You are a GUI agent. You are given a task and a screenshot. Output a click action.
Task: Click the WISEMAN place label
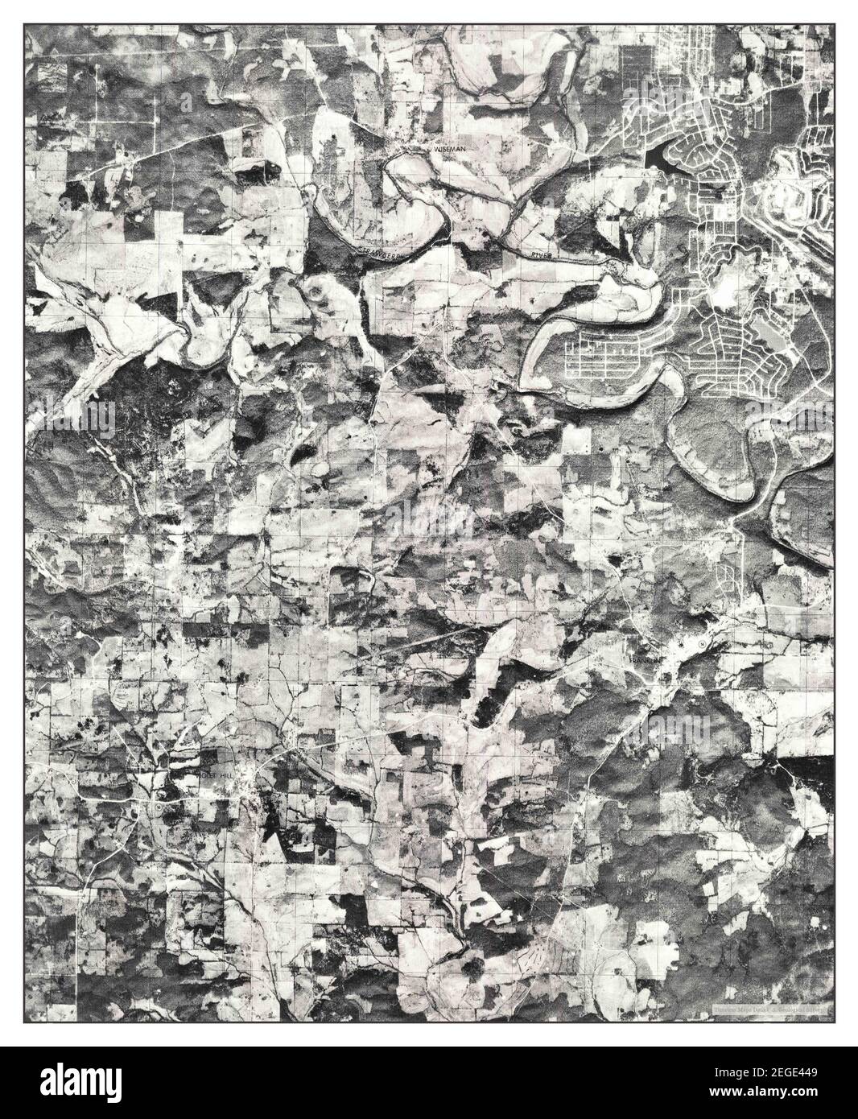coord(446,150)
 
